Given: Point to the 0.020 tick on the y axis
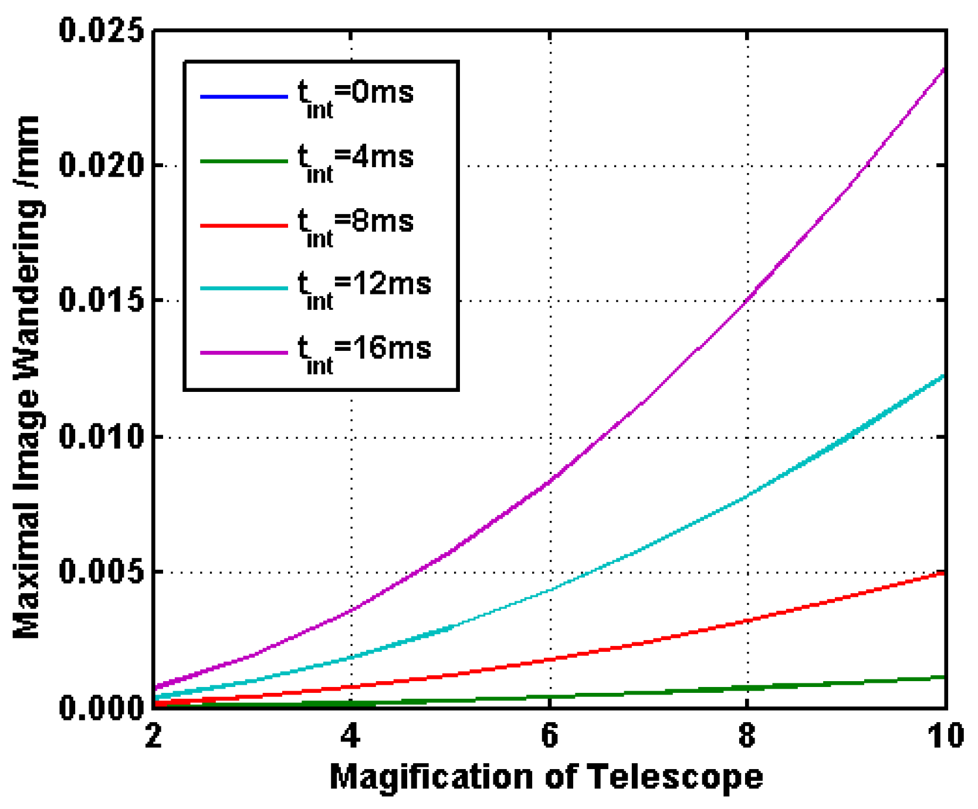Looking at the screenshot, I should pyautogui.click(x=101, y=165).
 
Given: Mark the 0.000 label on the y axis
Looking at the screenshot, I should pyautogui.click(x=101, y=707).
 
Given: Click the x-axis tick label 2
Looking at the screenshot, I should pyautogui.click(x=153, y=736).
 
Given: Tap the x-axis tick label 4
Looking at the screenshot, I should pyautogui.click(x=351, y=736).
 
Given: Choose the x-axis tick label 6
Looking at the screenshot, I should pyautogui.click(x=549, y=736).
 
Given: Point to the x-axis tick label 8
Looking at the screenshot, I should pyautogui.click(x=747, y=736).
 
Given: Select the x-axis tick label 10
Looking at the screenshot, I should pyautogui.click(x=946, y=736).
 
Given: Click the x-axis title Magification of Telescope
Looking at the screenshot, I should pyautogui.click(x=546, y=777).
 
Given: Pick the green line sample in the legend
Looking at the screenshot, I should pyautogui.click(x=244, y=161).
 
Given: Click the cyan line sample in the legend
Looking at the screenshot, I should pyautogui.click(x=244, y=289).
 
